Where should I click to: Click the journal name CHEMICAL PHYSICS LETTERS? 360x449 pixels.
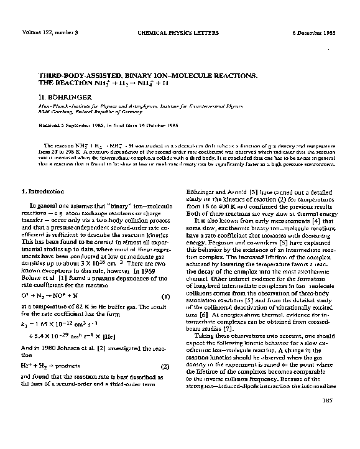pyautogui.click(x=180, y=32)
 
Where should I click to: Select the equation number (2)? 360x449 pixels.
pyautogui.click(x=165, y=367)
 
